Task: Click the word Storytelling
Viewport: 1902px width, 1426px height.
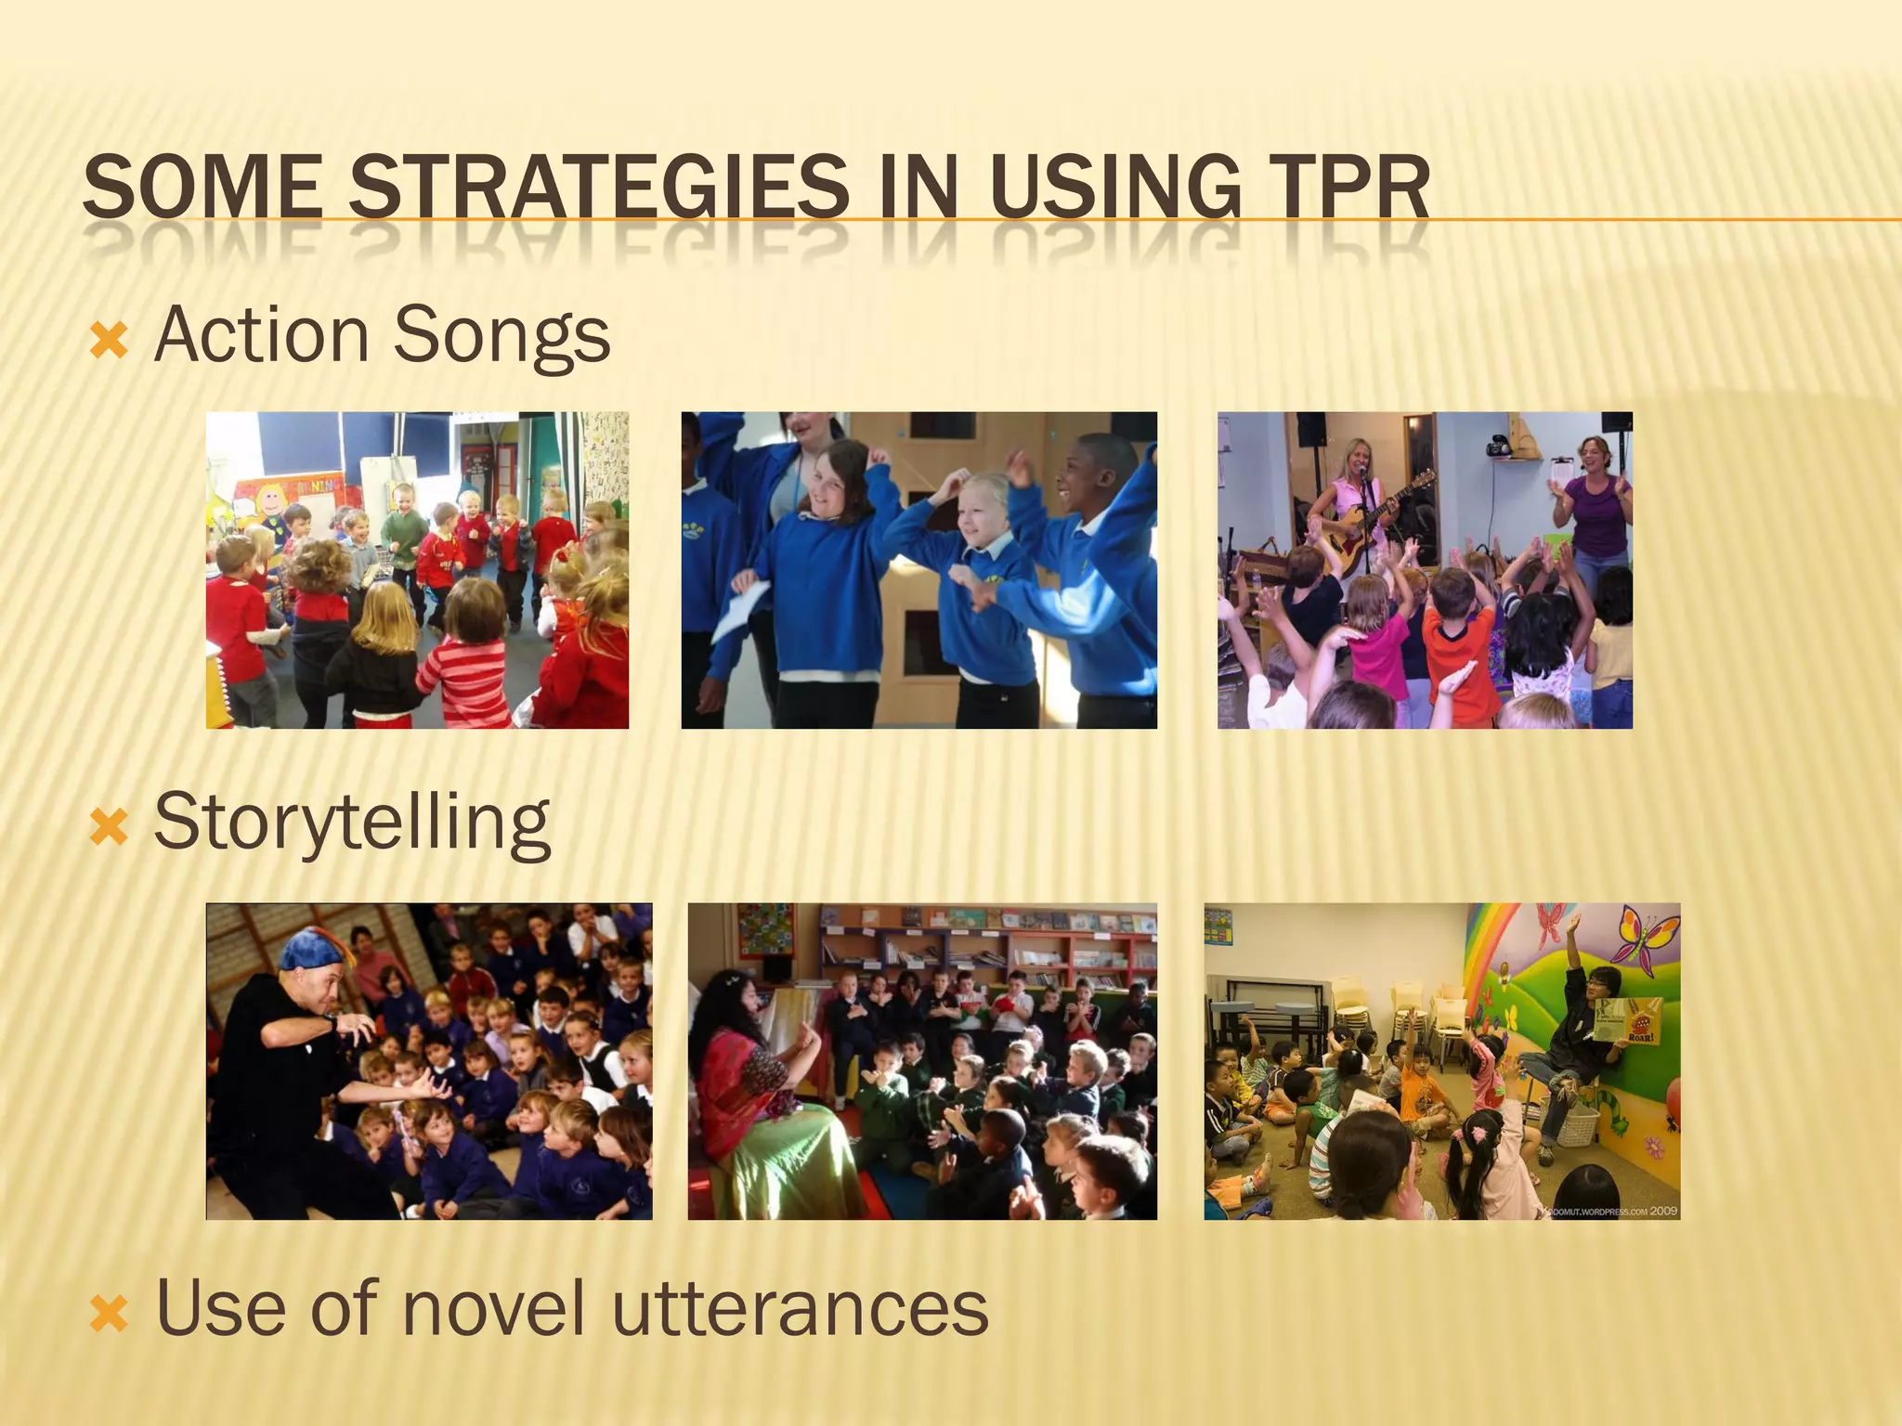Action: coord(352,822)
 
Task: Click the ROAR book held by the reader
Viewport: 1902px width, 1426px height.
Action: coord(1627,1022)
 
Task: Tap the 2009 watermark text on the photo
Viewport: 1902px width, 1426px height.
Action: coord(1663,1211)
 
